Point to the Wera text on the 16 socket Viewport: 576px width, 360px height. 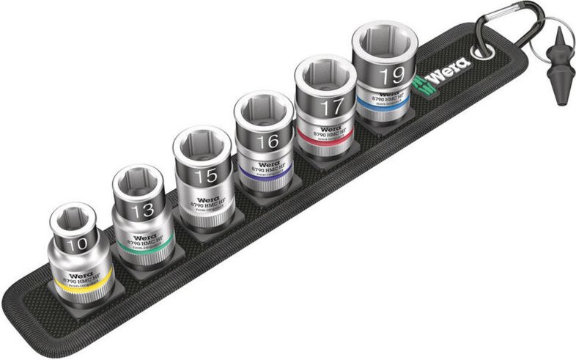(x=269, y=164)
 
